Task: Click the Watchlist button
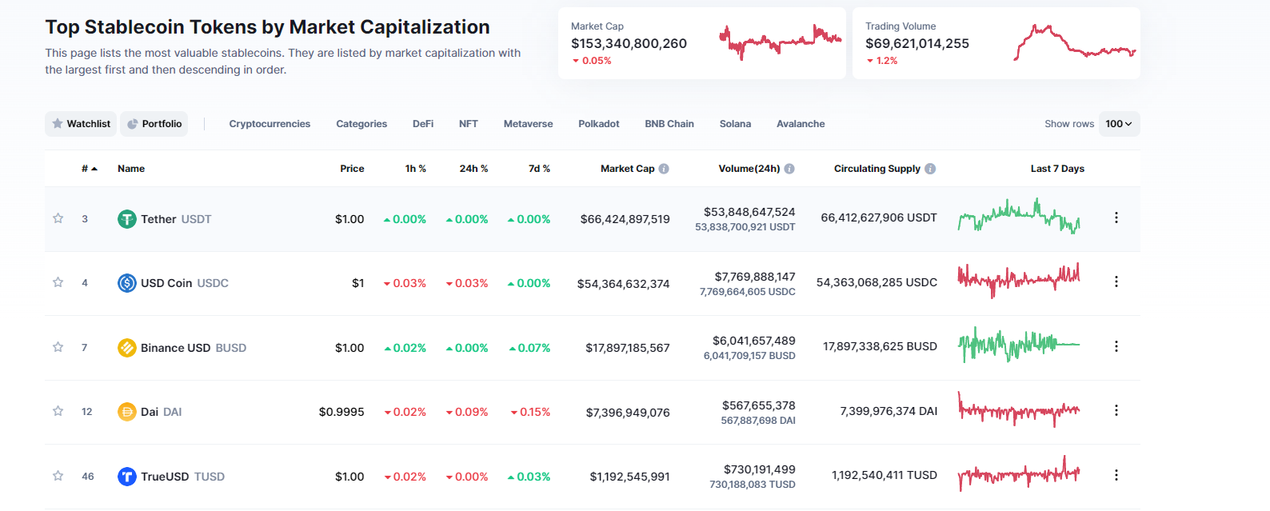(x=81, y=124)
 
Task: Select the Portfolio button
(x=154, y=124)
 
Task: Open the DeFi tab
(x=422, y=124)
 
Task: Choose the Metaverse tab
(x=528, y=124)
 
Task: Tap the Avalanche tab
(x=800, y=124)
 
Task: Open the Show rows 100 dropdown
(x=1118, y=124)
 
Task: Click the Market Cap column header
(x=627, y=169)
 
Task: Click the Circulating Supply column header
(x=877, y=169)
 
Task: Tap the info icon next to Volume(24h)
(x=789, y=169)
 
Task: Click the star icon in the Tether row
(x=58, y=218)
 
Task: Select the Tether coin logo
(x=126, y=219)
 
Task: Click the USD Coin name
(x=166, y=283)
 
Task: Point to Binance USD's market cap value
(x=627, y=348)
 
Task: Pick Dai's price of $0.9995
(x=341, y=412)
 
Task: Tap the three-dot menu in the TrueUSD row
(x=1116, y=475)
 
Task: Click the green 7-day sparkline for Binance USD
(x=1018, y=345)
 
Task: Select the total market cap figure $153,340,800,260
(x=629, y=43)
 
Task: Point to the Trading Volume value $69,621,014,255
(x=917, y=43)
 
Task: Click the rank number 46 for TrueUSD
(x=88, y=477)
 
